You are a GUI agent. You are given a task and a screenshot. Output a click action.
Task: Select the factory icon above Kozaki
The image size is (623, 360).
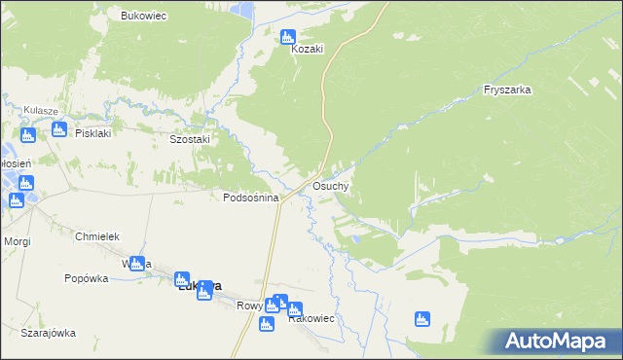(287, 37)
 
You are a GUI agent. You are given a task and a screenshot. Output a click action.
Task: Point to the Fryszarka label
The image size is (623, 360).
(506, 90)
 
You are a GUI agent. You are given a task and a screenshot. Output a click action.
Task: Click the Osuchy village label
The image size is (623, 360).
(331, 185)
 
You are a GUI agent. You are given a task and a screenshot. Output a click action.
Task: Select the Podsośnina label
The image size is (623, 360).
(251, 198)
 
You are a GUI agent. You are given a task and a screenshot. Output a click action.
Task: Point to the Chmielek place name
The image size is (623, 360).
(96, 236)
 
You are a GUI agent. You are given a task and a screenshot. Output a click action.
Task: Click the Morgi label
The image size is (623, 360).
(17, 240)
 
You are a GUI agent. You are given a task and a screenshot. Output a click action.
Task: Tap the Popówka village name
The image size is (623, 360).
(86, 278)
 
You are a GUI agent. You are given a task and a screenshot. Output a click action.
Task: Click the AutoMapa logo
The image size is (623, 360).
(555, 341)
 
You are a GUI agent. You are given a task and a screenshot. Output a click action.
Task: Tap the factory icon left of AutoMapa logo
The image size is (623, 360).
(421, 318)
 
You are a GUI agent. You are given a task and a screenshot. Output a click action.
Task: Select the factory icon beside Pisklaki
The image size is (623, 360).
(57, 128)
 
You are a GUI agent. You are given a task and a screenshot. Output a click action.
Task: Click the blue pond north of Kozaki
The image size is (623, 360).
(246, 11)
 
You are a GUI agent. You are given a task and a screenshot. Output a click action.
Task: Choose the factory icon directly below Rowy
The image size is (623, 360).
(265, 324)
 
